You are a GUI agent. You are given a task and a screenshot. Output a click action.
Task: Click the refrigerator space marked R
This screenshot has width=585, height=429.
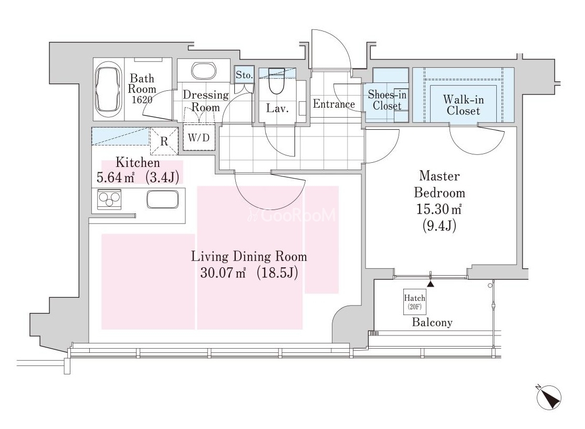[164, 141]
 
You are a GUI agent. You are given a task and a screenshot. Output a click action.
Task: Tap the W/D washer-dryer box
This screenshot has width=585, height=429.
[199, 138]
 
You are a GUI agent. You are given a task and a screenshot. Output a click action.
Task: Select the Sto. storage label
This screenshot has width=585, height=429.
[244, 75]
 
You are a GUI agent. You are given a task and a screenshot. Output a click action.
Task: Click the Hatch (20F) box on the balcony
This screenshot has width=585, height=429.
[414, 302]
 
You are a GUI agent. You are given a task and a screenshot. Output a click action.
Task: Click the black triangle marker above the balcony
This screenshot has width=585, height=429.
[431, 284]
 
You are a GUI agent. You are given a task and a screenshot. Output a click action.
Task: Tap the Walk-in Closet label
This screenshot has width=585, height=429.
[463, 105]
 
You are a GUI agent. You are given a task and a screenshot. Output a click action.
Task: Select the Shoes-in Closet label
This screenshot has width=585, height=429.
[387, 100]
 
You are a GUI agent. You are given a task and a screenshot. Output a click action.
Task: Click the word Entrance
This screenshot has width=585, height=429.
[333, 104]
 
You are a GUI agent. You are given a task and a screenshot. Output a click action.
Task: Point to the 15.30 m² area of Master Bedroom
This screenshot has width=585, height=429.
[439, 209]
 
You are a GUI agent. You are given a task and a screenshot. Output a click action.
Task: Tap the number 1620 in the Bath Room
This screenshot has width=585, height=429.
[142, 99]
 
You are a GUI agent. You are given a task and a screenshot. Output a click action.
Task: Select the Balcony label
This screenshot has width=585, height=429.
[432, 322]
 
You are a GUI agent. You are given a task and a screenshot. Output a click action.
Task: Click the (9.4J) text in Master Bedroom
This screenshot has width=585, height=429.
[439, 225]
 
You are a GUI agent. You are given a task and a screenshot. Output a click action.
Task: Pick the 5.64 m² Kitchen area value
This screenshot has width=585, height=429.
[116, 177]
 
